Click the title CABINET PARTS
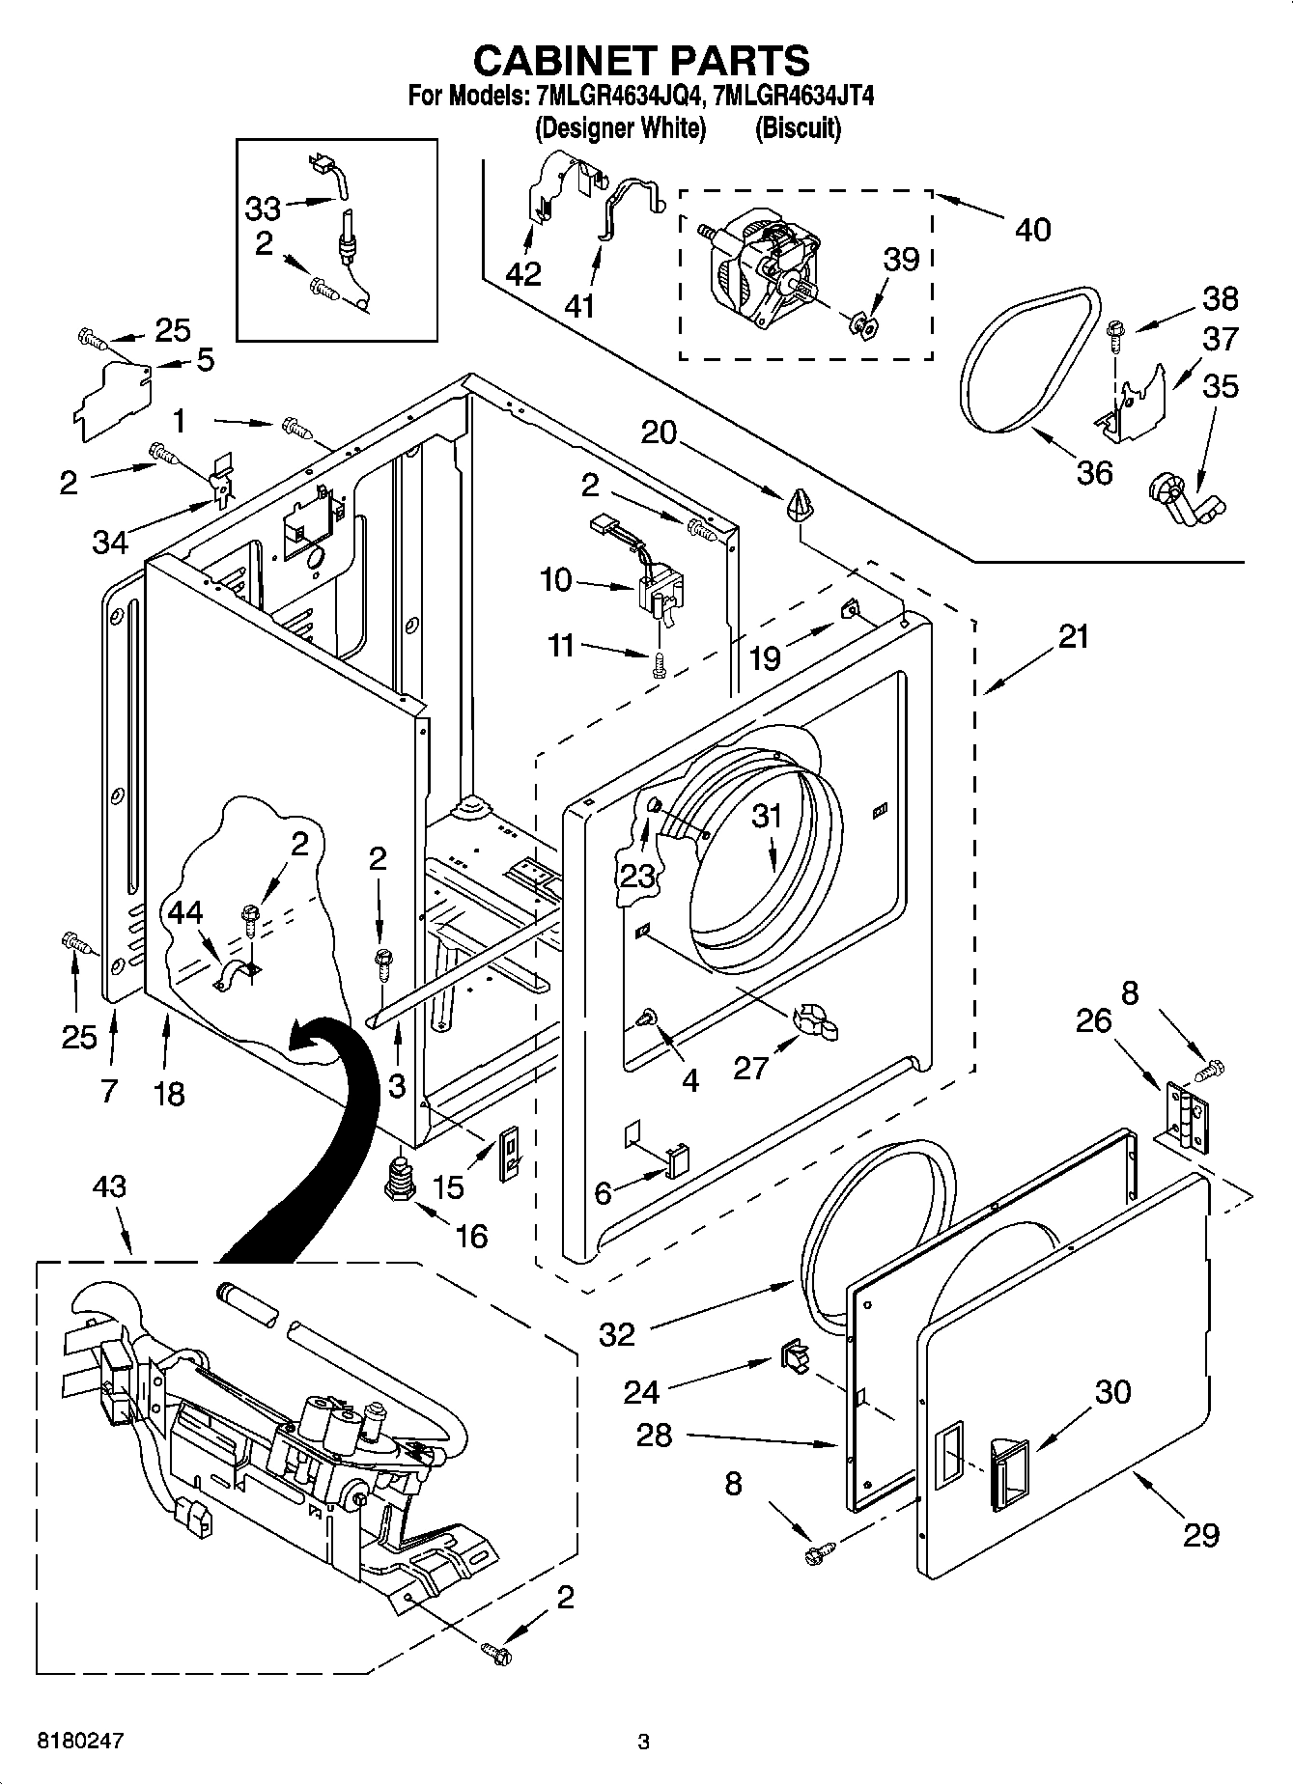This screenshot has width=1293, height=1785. [641, 60]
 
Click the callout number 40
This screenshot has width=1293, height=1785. [1032, 230]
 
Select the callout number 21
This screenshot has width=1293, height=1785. [1072, 636]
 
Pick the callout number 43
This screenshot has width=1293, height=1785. [109, 1186]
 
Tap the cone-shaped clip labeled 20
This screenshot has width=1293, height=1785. [800, 504]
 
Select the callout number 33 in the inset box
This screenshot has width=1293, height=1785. [263, 208]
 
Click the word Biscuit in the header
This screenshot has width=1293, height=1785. [798, 127]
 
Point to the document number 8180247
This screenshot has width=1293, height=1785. [80, 1741]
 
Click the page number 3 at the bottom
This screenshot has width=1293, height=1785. [643, 1742]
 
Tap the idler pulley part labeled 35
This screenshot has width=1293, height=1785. [1183, 499]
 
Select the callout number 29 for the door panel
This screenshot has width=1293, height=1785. [1200, 1534]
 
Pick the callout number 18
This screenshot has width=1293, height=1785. [169, 1094]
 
